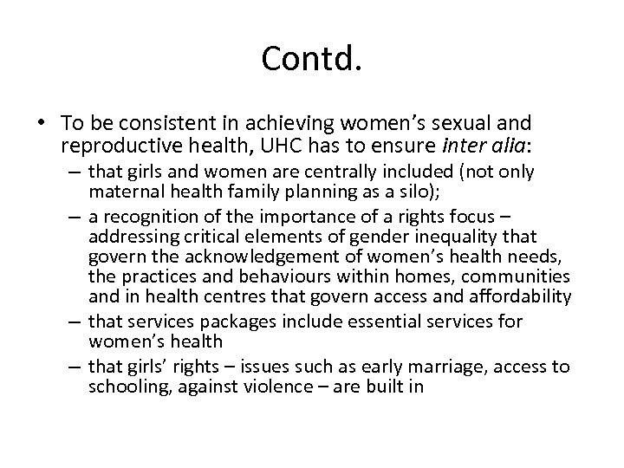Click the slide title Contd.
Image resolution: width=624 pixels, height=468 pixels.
311,60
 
